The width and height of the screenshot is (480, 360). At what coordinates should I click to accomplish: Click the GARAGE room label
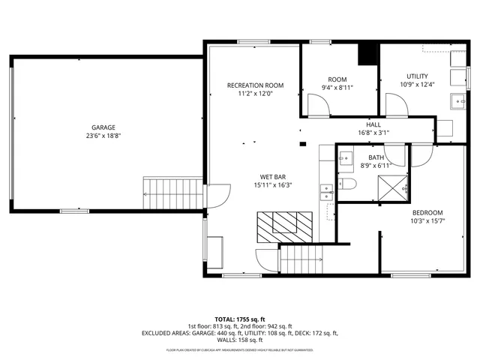pyautogui.click(x=103, y=127)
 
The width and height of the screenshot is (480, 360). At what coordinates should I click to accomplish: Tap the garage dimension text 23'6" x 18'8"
pyautogui.click(x=103, y=136)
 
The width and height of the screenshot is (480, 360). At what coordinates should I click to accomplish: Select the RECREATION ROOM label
pyautogui.click(x=255, y=85)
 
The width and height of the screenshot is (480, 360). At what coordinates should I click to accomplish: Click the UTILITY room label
pyautogui.click(x=417, y=76)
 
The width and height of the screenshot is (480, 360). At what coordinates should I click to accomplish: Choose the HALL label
pyautogui.click(x=373, y=124)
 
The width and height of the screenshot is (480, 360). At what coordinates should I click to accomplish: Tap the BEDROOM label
pyautogui.click(x=427, y=212)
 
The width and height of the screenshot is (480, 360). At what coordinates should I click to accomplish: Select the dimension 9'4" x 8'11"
pyautogui.click(x=337, y=88)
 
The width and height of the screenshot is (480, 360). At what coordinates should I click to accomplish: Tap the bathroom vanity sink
pyautogui.click(x=346, y=158)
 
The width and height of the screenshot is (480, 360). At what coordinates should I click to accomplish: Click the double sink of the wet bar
pyautogui.click(x=326, y=189)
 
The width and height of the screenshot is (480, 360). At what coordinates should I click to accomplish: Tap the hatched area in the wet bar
pyautogui.click(x=285, y=223)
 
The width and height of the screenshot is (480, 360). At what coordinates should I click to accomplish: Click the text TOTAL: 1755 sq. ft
pyautogui.click(x=240, y=319)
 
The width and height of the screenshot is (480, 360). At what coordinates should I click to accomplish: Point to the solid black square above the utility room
pyautogui.click(x=367, y=54)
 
